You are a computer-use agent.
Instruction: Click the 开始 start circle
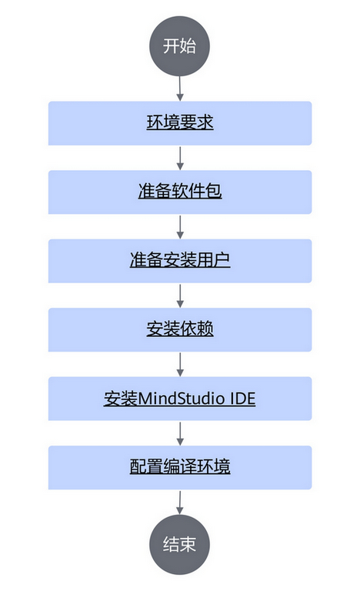coord(179,46)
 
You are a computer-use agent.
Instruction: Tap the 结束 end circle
coord(179,545)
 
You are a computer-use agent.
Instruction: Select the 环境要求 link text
coord(180,122)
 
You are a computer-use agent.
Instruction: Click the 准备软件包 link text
coord(180,191)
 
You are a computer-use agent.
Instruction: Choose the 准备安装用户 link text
coord(180,260)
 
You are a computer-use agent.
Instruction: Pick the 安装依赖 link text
coord(180,329)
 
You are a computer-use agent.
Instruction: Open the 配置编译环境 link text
coord(180,466)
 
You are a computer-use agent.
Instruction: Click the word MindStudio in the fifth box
coord(181,399)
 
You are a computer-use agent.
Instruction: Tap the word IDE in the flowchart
coord(242,399)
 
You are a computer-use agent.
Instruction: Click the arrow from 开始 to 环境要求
coord(180,88)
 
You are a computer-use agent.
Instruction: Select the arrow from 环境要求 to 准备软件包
coord(180,158)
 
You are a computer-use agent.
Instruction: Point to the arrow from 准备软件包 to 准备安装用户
coord(180,226)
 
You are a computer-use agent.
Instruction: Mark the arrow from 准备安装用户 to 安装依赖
coord(180,295)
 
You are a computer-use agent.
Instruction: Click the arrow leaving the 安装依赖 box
coord(180,365)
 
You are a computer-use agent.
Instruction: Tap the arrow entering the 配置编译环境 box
coord(180,433)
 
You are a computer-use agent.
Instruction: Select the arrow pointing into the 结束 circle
coord(180,503)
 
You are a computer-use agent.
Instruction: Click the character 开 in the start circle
coord(171,46)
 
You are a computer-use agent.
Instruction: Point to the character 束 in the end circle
coord(188,544)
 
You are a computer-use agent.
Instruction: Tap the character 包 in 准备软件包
coord(213,191)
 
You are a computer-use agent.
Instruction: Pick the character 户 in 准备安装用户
coord(222,259)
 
